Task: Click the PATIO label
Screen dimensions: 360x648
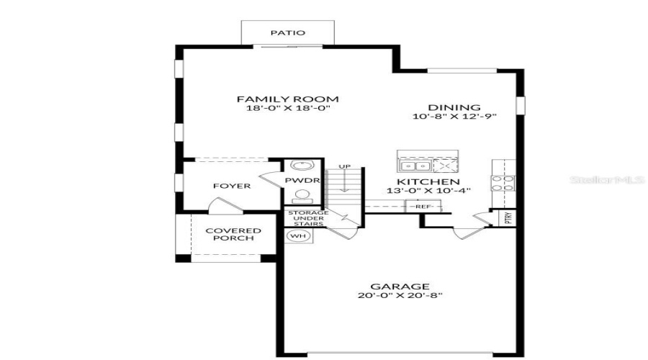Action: [287, 32]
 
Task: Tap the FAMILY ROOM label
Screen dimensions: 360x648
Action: [288, 99]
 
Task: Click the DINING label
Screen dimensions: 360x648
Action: [454, 107]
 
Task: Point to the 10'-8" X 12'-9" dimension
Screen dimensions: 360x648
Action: [454, 117]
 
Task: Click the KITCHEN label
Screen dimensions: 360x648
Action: [428, 182]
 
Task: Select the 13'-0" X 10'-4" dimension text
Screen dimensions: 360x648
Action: [428, 192]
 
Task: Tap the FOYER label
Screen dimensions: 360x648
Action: [232, 186]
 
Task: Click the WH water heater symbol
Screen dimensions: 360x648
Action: [297, 235]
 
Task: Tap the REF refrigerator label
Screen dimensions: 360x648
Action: [420, 207]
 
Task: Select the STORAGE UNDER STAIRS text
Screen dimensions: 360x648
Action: [308, 219]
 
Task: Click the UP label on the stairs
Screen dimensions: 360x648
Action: [345, 167]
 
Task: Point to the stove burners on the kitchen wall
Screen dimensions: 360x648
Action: [502, 183]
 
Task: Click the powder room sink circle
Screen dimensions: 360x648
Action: [297, 166]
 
